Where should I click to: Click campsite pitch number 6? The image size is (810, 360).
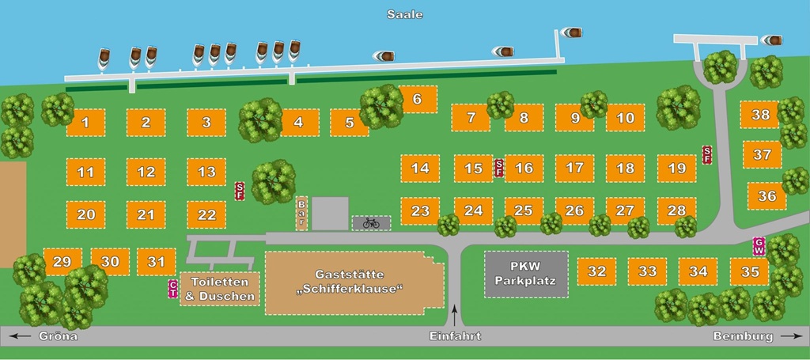418,100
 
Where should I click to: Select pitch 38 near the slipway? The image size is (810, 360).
760,115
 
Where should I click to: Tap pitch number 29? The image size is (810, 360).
62,262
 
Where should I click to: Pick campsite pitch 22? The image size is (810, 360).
206,214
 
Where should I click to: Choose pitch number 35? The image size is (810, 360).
749,271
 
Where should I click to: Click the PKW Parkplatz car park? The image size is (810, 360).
526,274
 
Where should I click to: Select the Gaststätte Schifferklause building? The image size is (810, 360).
354,282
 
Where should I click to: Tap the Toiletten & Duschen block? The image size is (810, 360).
220,289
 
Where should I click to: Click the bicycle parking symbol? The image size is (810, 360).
371,223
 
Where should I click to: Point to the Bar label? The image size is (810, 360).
301,213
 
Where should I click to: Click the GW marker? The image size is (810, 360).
759,246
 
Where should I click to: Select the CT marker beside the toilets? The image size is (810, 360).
172,289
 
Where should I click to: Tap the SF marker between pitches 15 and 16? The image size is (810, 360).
498,168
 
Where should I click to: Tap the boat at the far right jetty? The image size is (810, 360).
772,40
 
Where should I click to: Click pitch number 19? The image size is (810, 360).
676,168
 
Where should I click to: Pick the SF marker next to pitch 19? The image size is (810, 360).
707,155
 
